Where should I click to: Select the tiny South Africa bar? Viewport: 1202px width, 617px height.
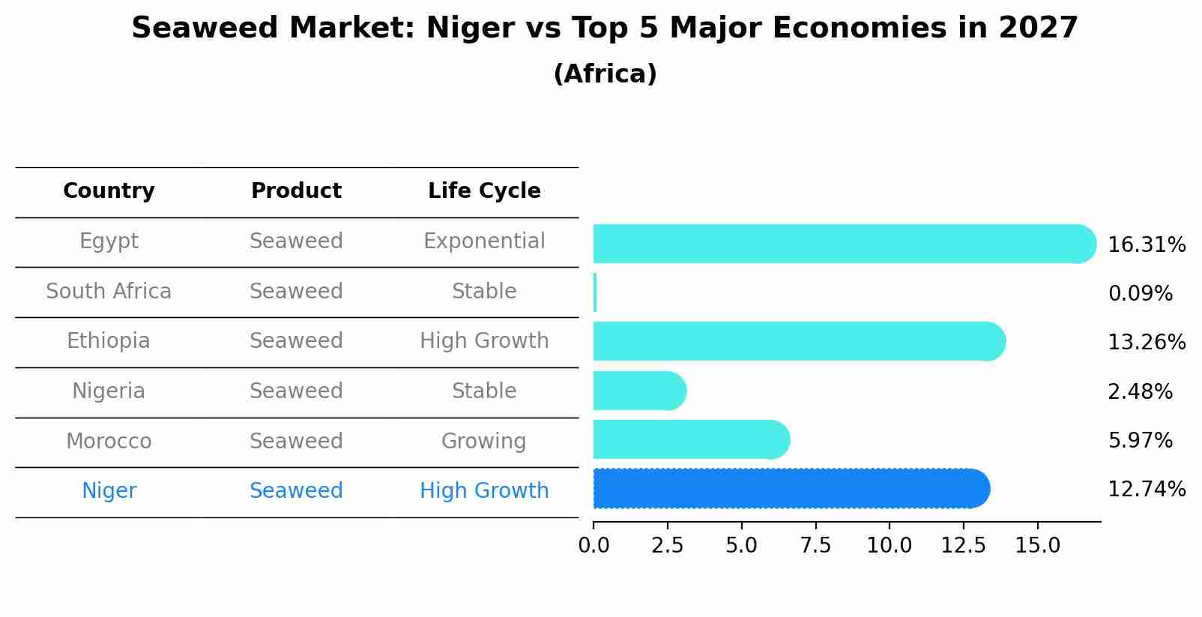click(x=595, y=292)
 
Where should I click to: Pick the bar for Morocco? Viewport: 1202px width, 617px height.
click(x=690, y=440)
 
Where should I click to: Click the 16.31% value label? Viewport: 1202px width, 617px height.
click(x=1146, y=245)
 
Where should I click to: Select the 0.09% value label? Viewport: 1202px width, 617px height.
click(x=1140, y=294)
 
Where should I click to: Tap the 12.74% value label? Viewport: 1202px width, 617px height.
click(x=1146, y=490)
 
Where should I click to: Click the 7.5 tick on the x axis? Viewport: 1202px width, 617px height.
click(x=815, y=546)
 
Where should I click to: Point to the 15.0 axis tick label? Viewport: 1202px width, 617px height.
click(x=1037, y=546)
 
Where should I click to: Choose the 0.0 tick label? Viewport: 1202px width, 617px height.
click(x=594, y=546)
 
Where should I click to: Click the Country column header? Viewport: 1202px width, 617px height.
click(x=109, y=191)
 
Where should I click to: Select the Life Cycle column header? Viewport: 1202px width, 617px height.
click(x=484, y=191)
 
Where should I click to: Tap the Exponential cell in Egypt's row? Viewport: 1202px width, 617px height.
click(x=484, y=241)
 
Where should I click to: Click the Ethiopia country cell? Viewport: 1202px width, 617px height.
click(x=109, y=341)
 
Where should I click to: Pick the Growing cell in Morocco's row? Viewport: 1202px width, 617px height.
click(x=483, y=441)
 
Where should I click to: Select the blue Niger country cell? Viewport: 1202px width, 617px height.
click(x=109, y=491)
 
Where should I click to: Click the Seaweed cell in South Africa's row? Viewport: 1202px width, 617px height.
click(x=296, y=291)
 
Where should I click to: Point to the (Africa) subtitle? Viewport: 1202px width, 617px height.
click(x=605, y=74)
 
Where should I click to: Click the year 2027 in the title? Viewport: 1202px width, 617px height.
click(x=1038, y=28)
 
